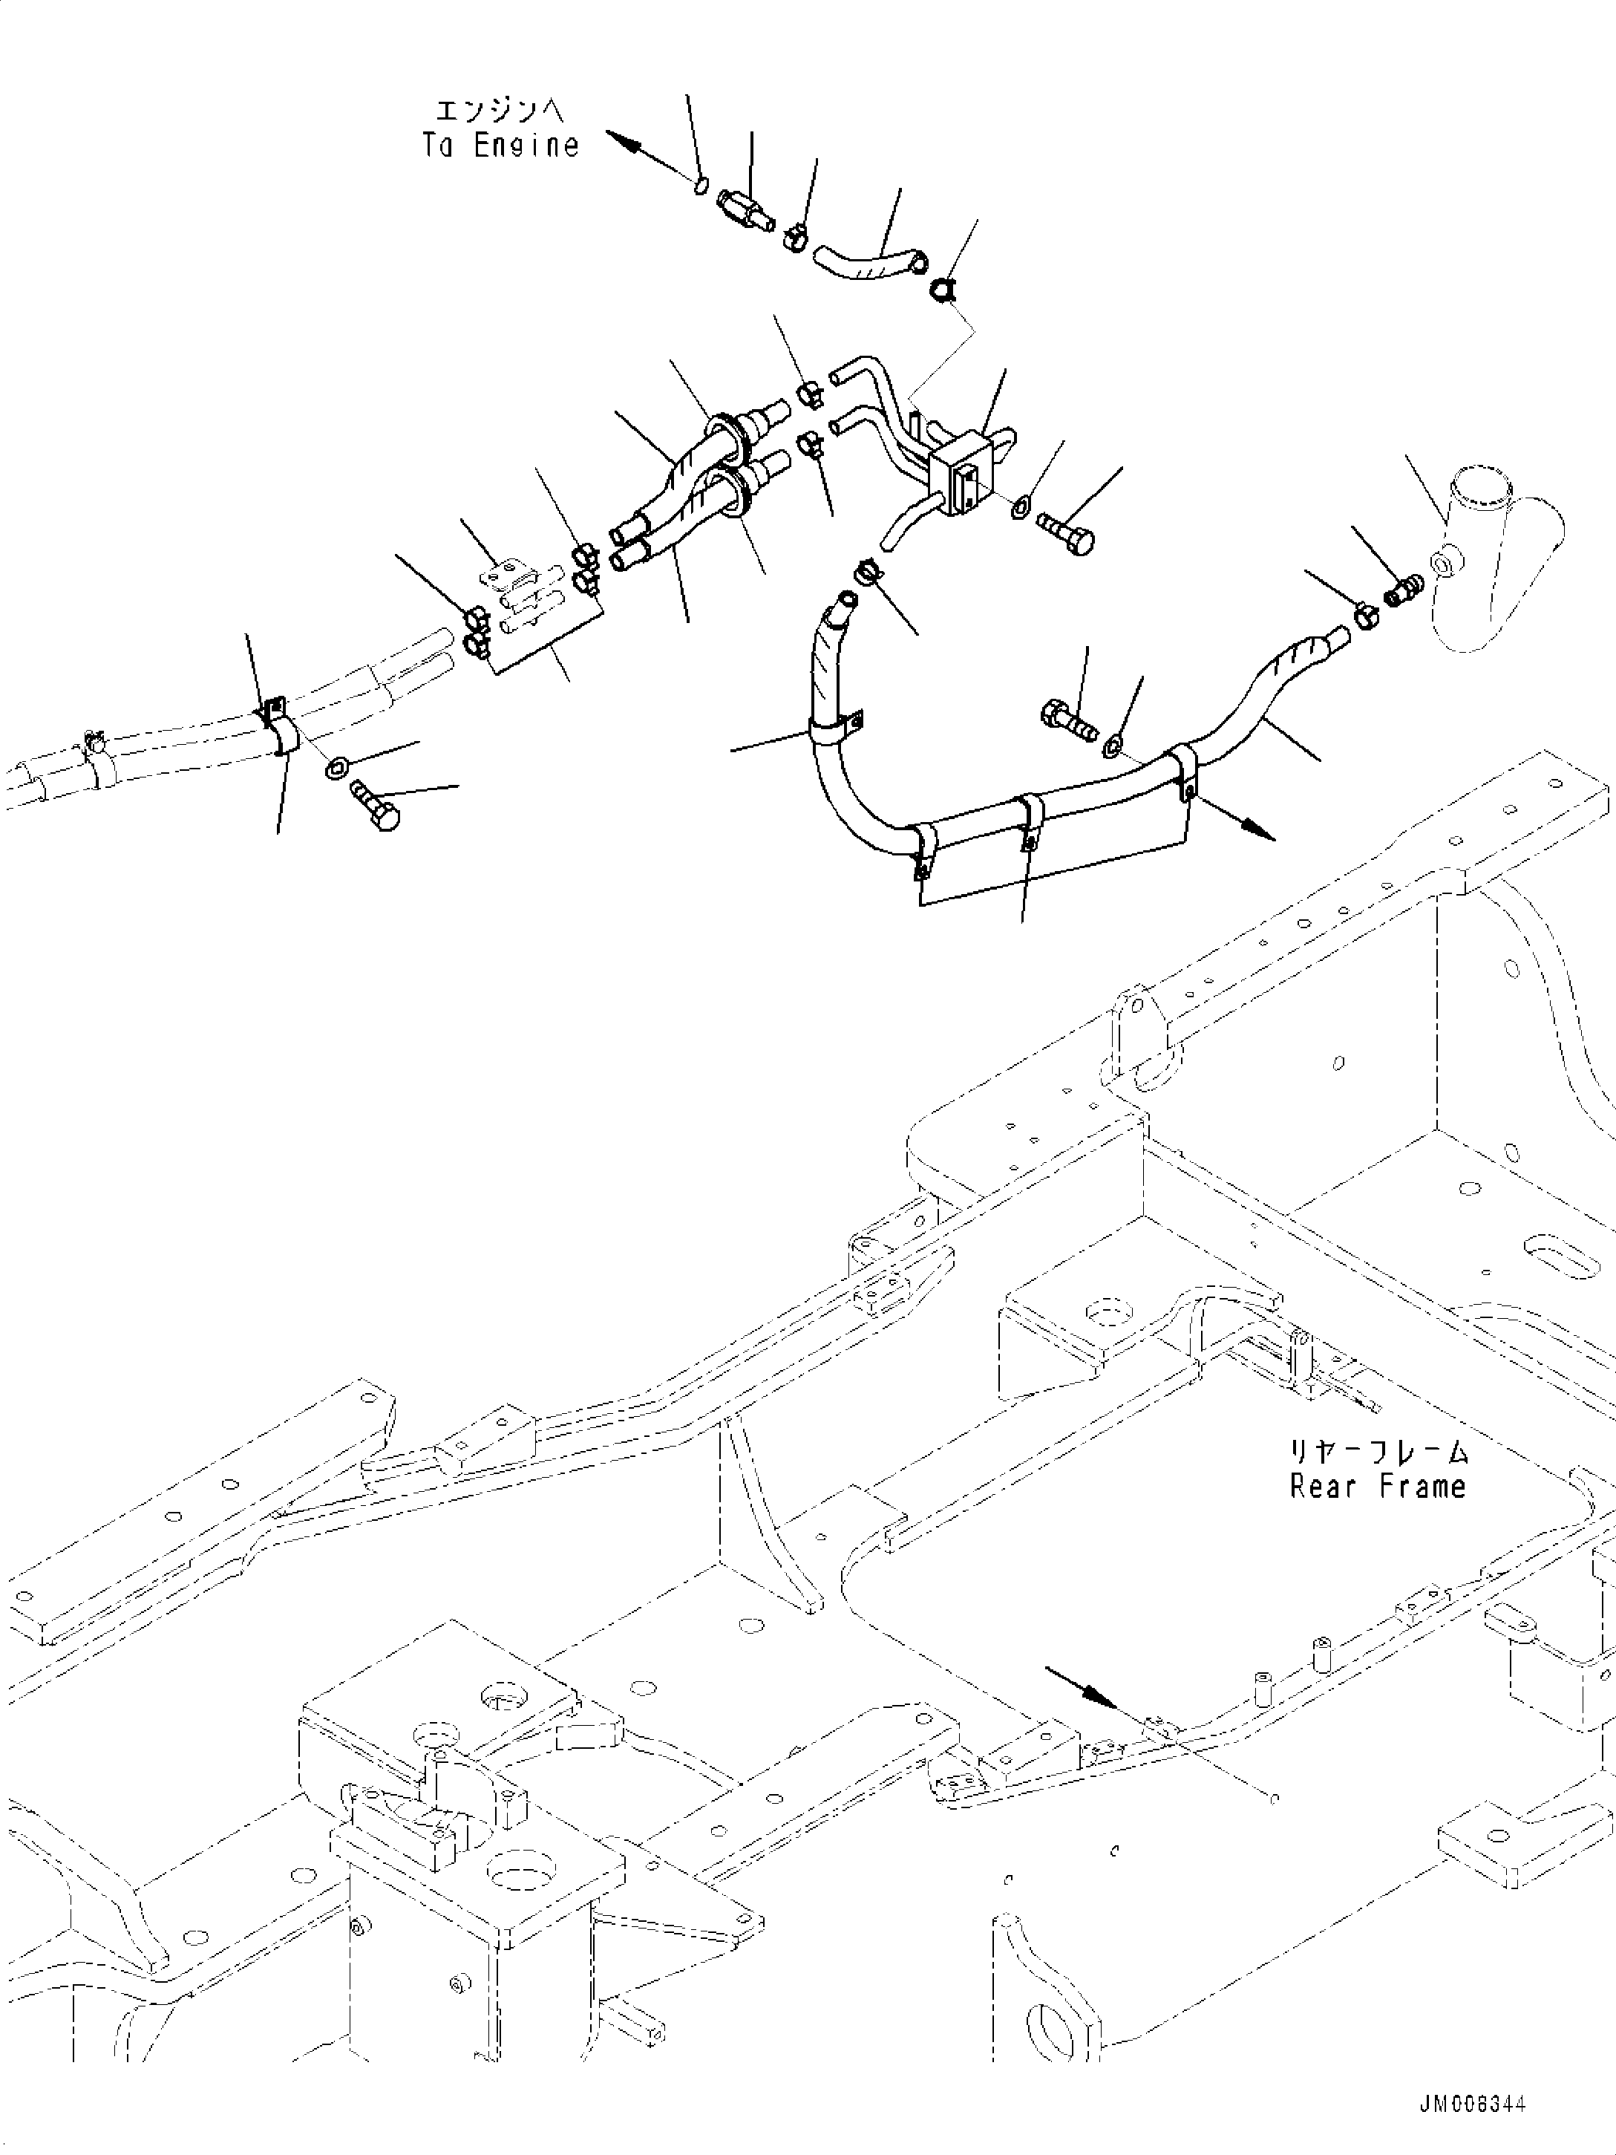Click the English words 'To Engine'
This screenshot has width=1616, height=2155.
500,146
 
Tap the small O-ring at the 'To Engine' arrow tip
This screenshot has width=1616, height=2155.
700,184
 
